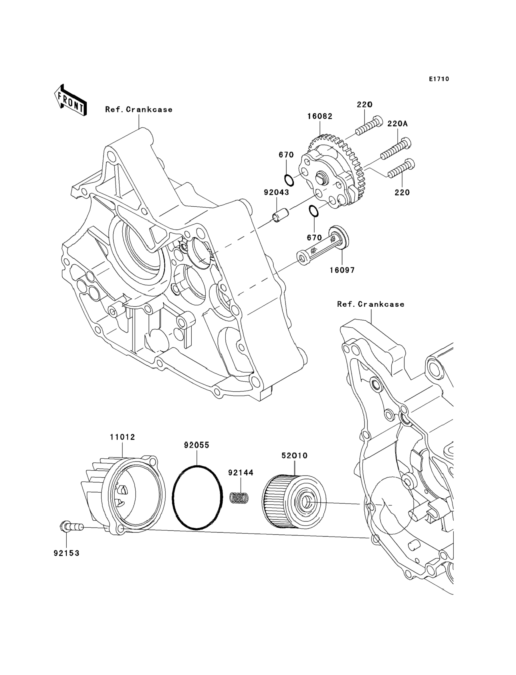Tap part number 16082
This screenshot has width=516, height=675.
[x=320, y=117]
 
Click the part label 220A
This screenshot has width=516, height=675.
[x=398, y=124]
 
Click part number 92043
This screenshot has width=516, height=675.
[x=276, y=192]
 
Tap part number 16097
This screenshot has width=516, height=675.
[x=342, y=270]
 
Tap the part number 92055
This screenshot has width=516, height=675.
[x=197, y=445]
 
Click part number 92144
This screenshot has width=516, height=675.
[x=241, y=473]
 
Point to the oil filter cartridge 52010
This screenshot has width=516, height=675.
[x=294, y=501]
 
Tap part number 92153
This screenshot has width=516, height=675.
[x=66, y=553]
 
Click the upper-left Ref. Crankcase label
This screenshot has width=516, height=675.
[x=139, y=109]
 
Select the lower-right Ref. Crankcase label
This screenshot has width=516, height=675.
[x=371, y=304]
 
